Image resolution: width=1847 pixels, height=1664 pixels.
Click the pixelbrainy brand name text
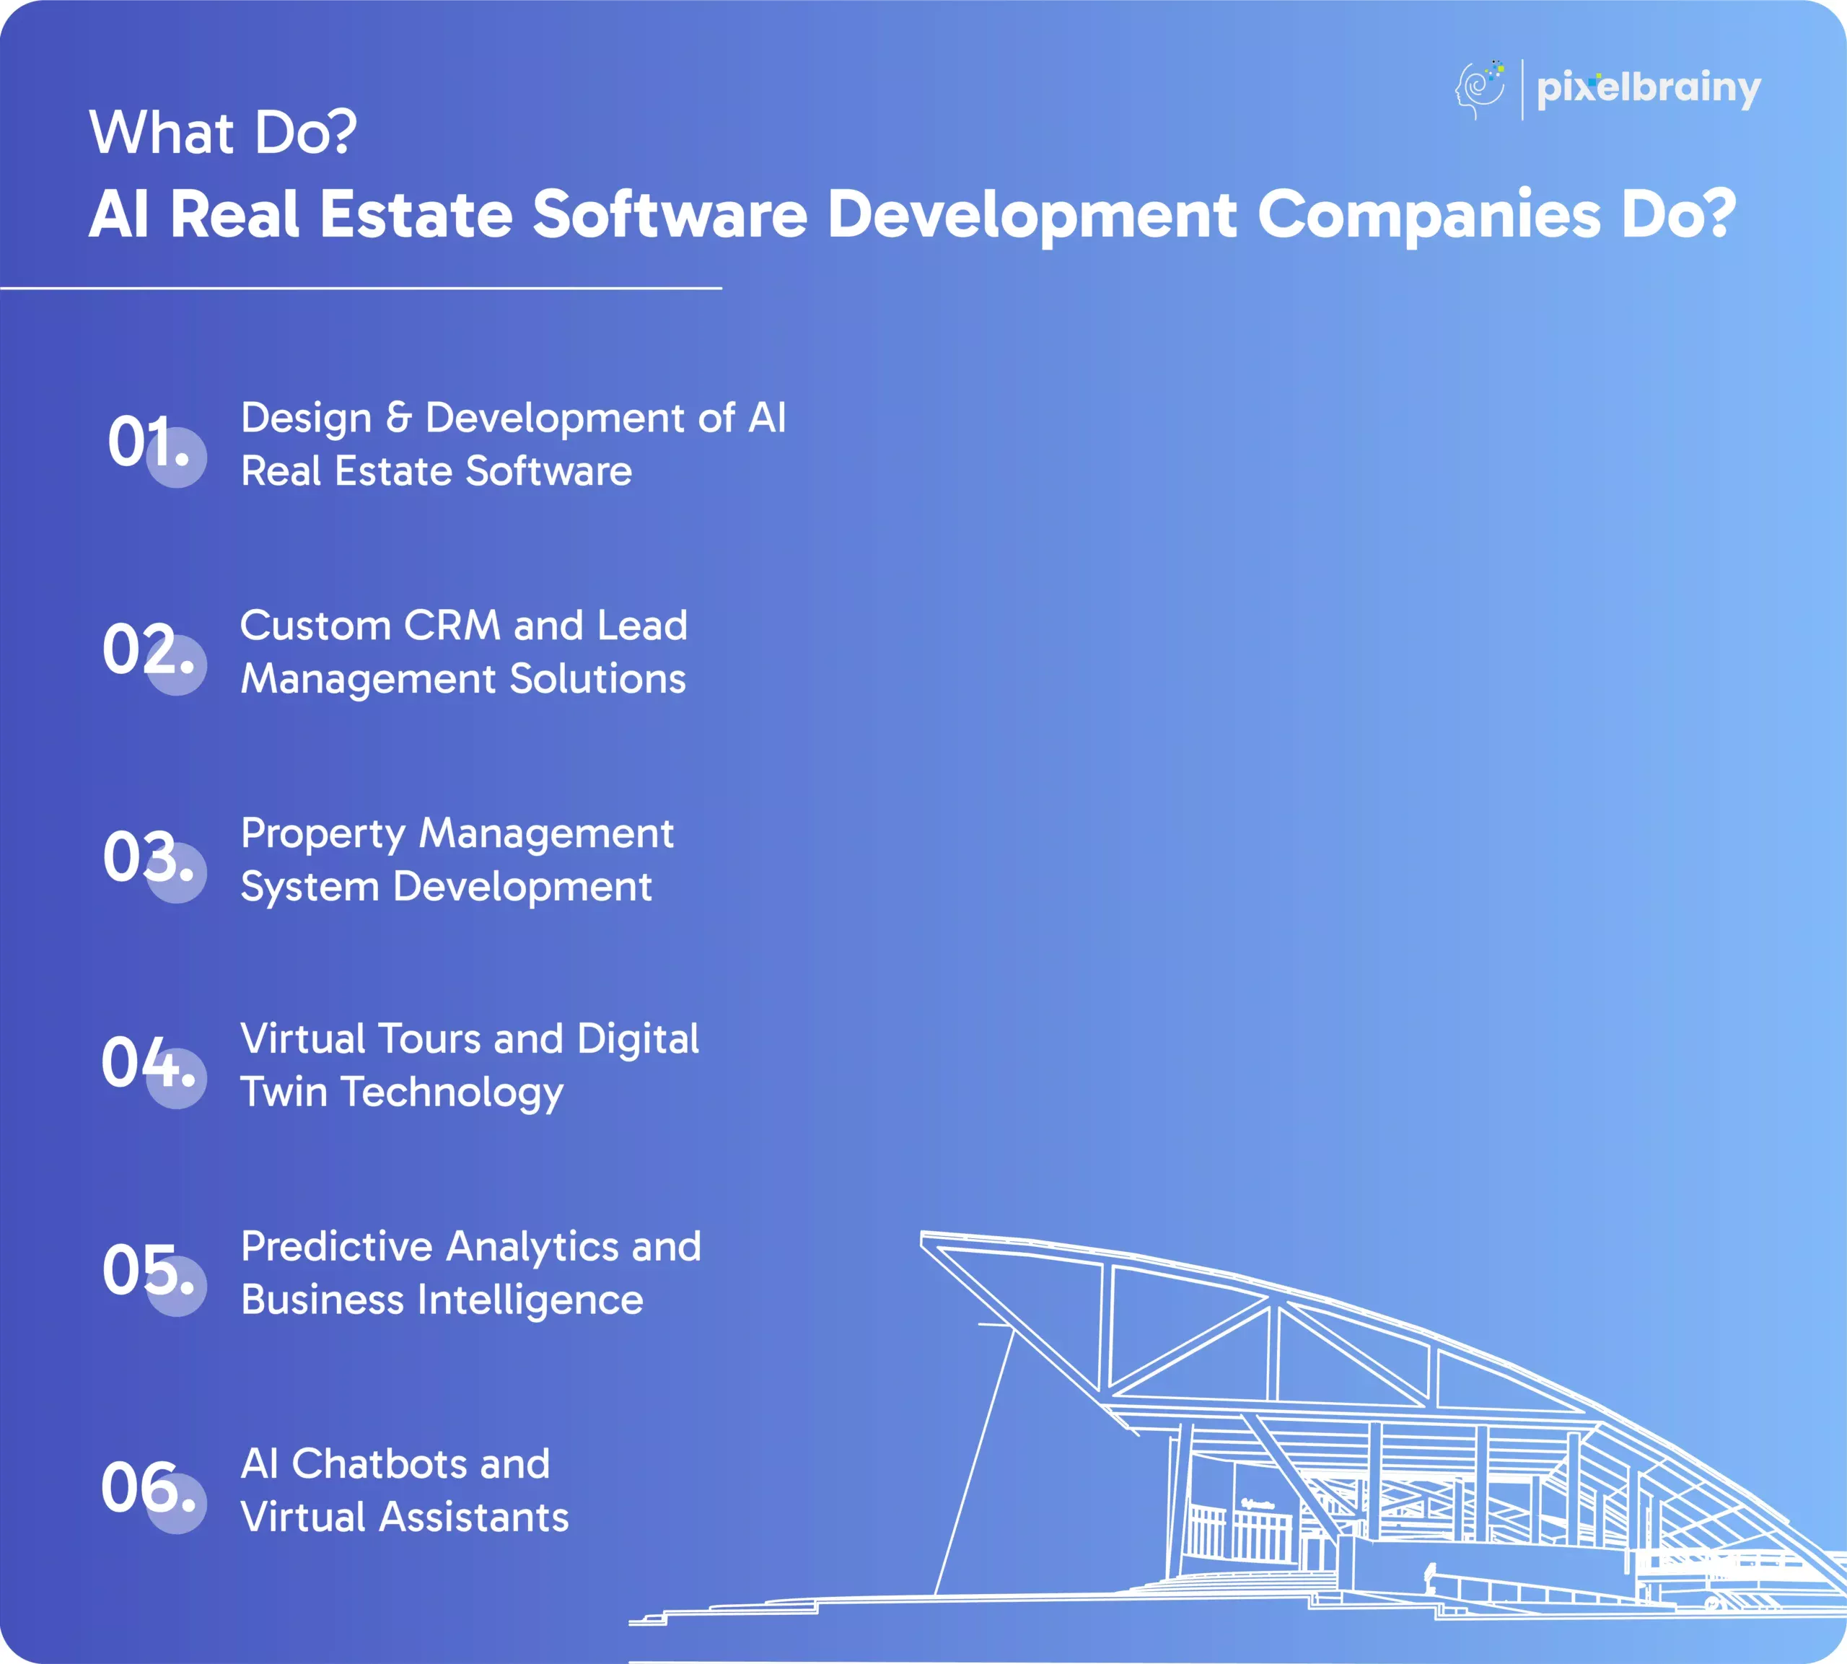1649,89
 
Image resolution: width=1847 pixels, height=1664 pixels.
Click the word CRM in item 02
452,626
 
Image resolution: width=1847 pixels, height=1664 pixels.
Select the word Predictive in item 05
335,1246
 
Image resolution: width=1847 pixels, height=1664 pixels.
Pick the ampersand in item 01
398,418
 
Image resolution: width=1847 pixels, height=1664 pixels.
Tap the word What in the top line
162,133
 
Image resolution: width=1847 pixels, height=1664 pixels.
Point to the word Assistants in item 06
474,1517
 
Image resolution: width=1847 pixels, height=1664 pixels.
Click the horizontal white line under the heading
361,288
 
